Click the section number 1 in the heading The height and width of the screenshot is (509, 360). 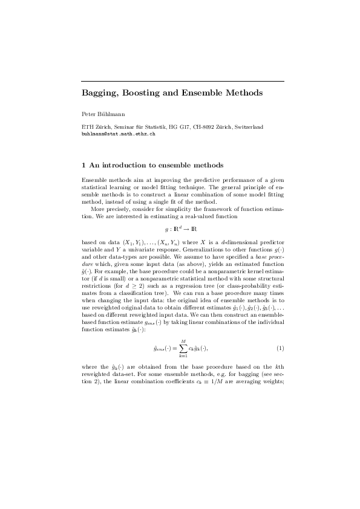pos(83,164)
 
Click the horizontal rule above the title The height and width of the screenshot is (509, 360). pos(183,81)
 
